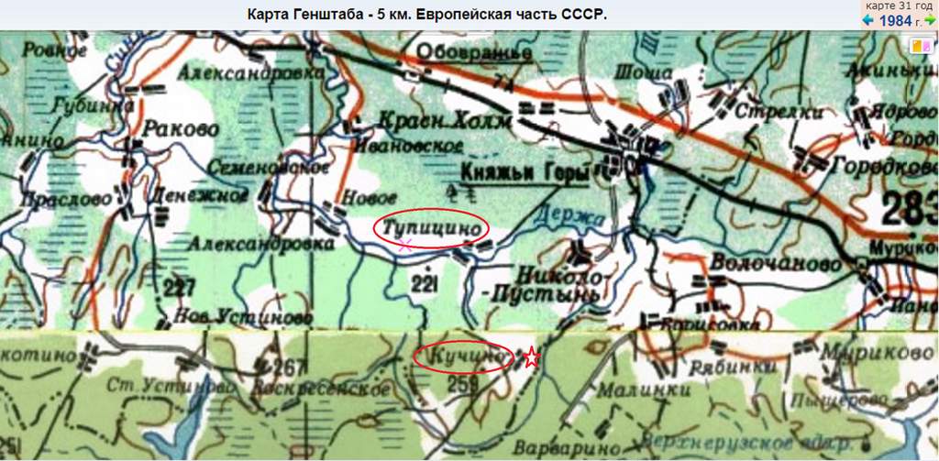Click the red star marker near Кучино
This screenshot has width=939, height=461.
[x=531, y=357]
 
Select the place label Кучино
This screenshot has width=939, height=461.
[x=462, y=354]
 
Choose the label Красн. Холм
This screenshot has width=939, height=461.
[x=428, y=122]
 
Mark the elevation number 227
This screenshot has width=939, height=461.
[x=180, y=289]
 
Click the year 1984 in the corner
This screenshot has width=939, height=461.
[x=896, y=20]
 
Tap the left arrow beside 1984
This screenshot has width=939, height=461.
[x=868, y=20]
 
